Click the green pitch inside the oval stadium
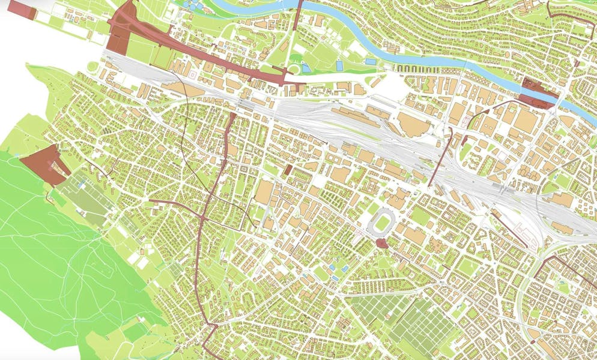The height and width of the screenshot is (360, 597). pos(382,223)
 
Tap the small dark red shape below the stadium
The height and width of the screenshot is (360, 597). pos(380,243)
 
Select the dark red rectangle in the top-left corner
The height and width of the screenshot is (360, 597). pos(21,9)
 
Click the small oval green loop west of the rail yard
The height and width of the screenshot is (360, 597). pos(92,66)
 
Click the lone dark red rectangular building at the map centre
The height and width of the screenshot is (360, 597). pos(288,170)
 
